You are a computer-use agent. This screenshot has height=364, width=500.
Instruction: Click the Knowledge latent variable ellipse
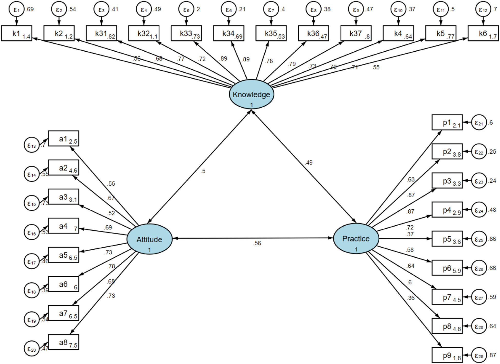(x=251, y=94)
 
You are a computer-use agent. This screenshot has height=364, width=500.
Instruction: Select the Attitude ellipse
(x=149, y=239)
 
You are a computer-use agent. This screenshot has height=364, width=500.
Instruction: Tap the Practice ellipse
(x=356, y=239)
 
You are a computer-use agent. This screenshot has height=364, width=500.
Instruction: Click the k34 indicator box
(x=228, y=33)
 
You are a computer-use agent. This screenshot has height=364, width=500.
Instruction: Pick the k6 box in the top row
(x=483, y=33)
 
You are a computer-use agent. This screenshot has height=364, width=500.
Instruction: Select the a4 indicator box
(x=63, y=226)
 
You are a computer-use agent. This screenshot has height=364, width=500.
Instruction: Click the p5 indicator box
(x=447, y=239)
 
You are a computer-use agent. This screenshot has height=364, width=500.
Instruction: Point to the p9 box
(x=447, y=355)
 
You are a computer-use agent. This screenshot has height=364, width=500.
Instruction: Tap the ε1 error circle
(x=16, y=10)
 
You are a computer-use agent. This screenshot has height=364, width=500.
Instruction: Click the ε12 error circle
(x=483, y=10)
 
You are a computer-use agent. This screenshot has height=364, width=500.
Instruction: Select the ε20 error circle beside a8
(x=32, y=349)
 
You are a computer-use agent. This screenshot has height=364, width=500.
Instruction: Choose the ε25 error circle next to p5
(x=479, y=239)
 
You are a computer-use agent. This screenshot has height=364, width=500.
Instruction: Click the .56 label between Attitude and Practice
(x=257, y=243)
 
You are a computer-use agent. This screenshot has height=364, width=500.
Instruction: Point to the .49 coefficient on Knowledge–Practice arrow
(x=309, y=163)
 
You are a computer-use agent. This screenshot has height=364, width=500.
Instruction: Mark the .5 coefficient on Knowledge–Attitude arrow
(x=203, y=171)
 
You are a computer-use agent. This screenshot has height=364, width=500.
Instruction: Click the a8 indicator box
(x=63, y=342)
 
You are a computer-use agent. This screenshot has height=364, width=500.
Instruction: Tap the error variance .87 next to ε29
(x=492, y=355)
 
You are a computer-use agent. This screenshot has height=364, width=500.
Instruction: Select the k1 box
(x=16, y=33)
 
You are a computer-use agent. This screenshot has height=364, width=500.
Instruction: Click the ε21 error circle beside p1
(x=479, y=123)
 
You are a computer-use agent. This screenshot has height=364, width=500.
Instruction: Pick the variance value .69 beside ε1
(x=30, y=9)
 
